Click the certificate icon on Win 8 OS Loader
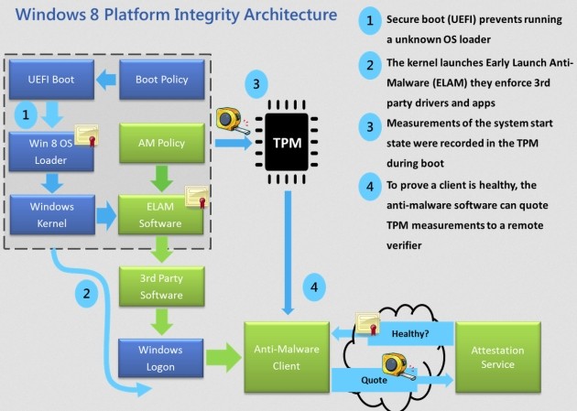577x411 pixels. tap(87, 137)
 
